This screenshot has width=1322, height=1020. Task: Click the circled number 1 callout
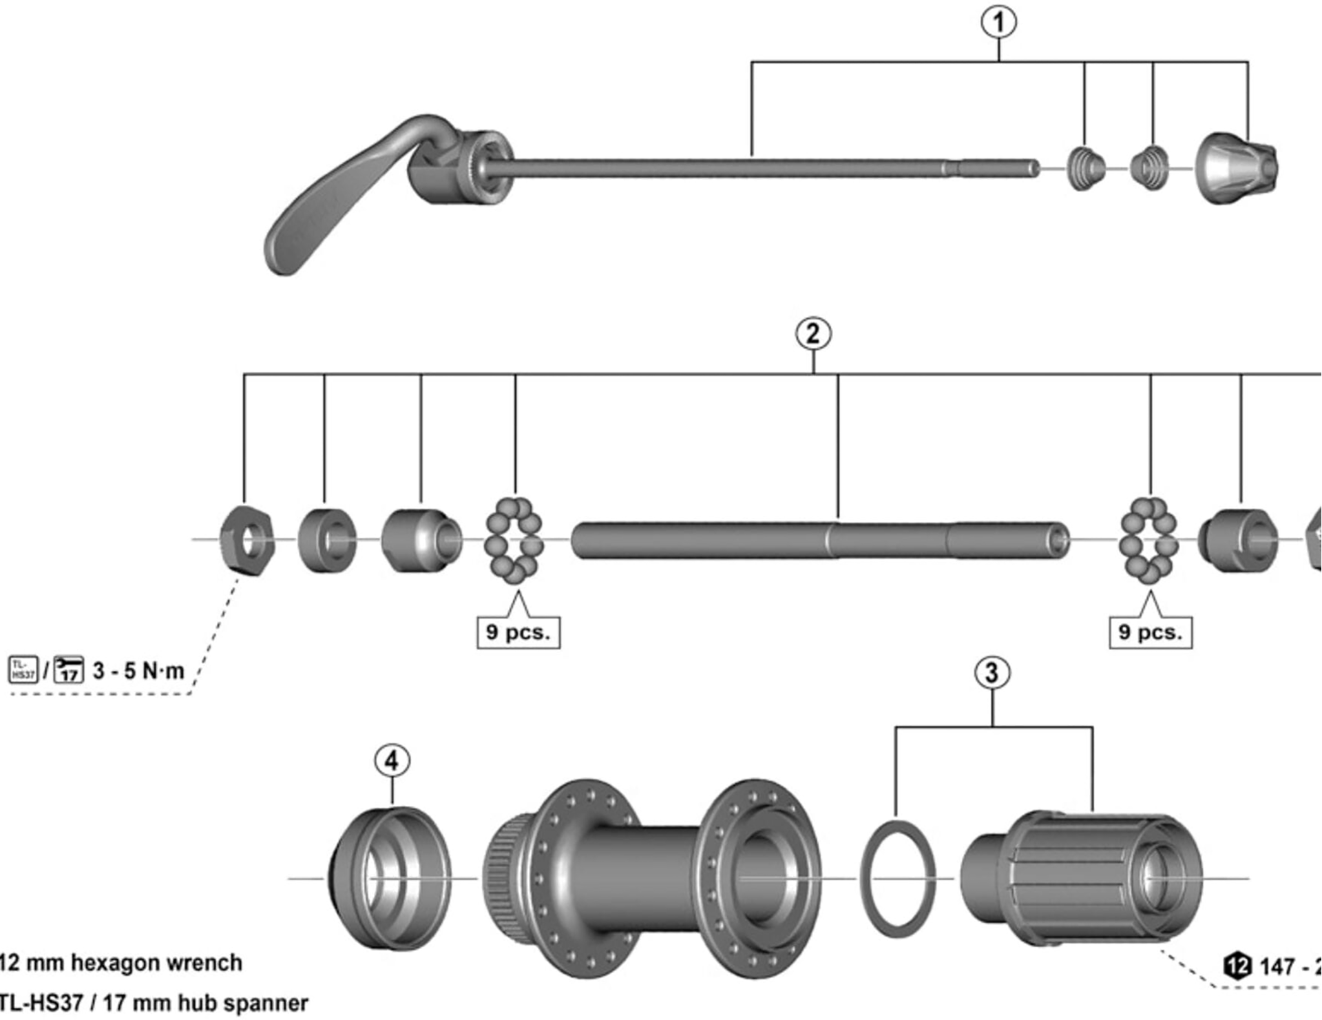click(x=998, y=22)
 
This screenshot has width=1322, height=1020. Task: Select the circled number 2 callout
click(x=812, y=334)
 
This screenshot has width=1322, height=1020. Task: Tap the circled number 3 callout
click(x=992, y=673)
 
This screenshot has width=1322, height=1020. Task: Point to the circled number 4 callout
click(x=392, y=761)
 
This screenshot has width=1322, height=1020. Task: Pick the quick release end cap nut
click(x=1237, y=169)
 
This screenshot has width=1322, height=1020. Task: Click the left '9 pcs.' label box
click(x=518, y=632)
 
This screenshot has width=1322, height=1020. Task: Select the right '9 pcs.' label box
click(x=1151, y=632)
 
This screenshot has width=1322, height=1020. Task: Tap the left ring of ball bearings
click(x=514, y=541)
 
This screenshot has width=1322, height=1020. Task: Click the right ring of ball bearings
click(x=1148, y=541)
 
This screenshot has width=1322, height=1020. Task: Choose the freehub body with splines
click(x=1081, y=878)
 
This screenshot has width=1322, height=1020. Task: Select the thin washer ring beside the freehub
click(x=898, y=878)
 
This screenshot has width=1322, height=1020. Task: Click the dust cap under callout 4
click(x=390, y=878)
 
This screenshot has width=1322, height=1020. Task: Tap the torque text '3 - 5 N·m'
click(x=138, y=671)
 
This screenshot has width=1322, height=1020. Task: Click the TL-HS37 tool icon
click(x=23, y=669)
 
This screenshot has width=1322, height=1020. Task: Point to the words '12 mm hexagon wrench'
click(x=120, y=963)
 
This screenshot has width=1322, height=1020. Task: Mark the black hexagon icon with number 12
click(x=1237, y=966)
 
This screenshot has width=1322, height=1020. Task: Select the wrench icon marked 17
click(x=68, y=669)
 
